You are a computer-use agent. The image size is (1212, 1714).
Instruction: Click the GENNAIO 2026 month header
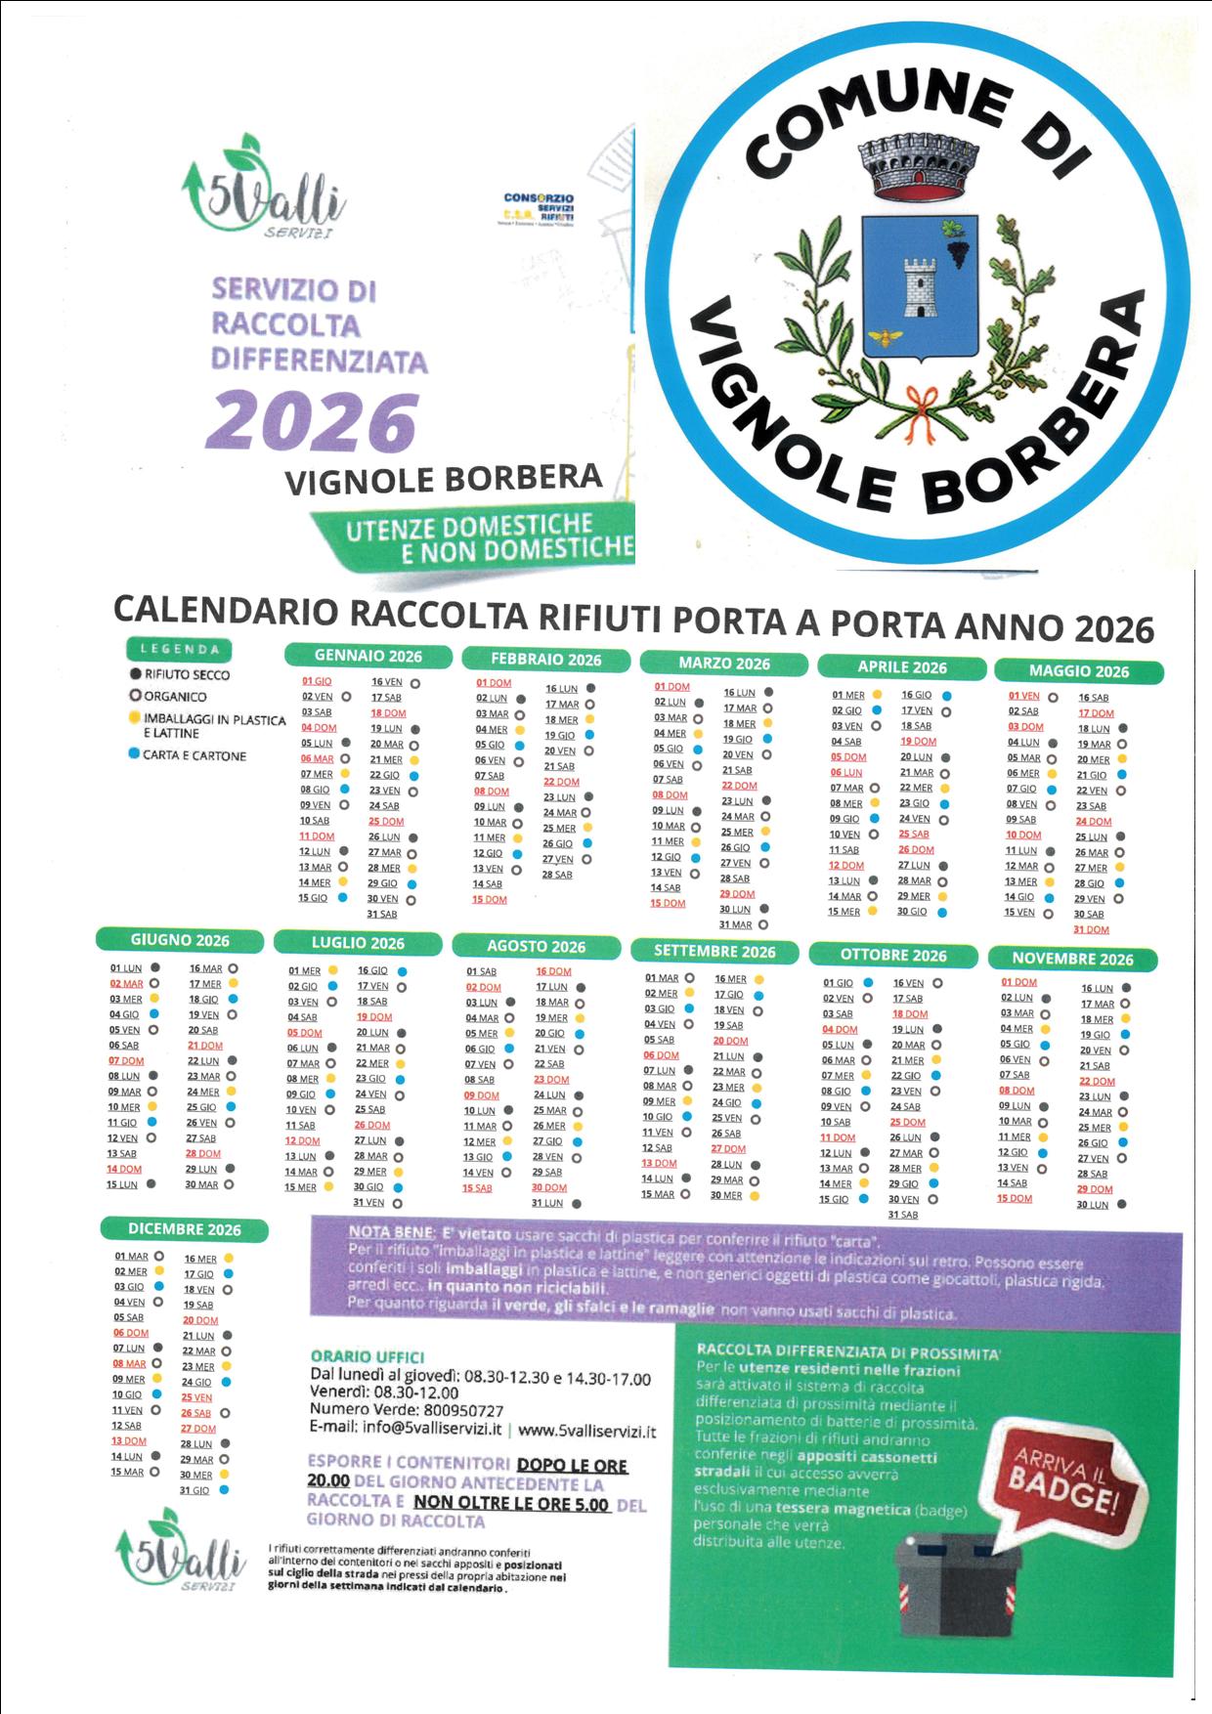(368, 656)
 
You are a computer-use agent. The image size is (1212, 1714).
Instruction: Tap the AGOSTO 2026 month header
(536, 946)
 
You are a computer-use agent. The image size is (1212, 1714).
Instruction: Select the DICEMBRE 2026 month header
(184, 1229)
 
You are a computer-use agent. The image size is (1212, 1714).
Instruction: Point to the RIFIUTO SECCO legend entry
(186, 674)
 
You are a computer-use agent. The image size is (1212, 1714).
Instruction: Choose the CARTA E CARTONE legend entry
(194, 755)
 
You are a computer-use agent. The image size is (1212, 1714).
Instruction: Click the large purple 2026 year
(312, 422)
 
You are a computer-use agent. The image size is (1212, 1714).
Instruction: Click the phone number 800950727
(463, 1410)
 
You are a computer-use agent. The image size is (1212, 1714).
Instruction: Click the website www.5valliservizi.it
(586, 1431)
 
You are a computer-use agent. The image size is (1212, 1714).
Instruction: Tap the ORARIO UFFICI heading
(368, 1356)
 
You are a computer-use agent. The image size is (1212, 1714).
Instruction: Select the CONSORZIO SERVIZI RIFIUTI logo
(539, 209)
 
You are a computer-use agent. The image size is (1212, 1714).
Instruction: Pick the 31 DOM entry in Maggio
(1091, 929)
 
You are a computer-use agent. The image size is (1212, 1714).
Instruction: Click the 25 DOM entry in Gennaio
(386, 822)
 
